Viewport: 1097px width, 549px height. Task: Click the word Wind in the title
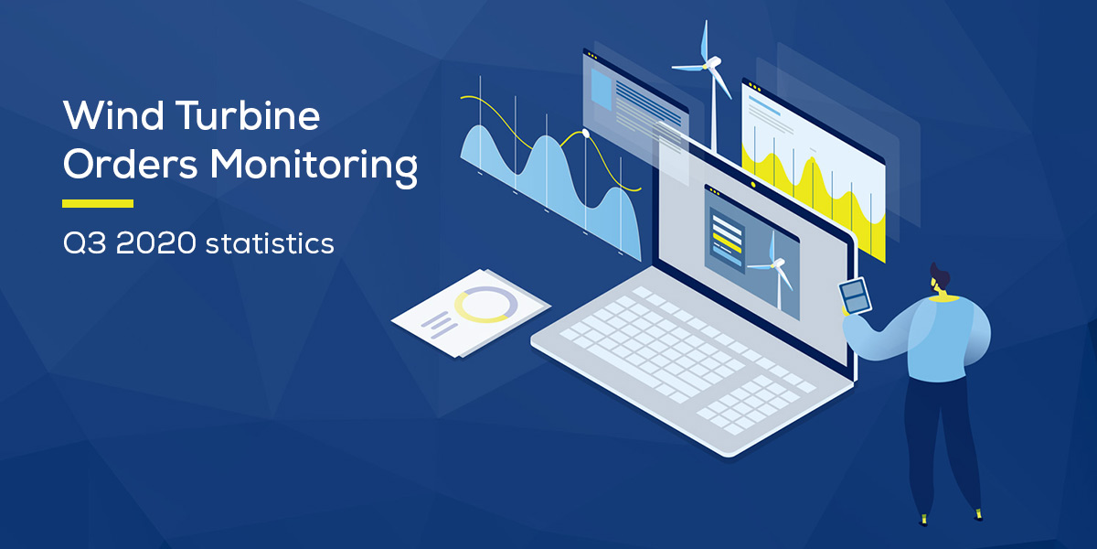113,115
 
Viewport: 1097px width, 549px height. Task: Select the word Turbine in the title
248,114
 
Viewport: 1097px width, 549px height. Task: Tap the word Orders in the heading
130,164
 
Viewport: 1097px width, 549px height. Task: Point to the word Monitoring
314,167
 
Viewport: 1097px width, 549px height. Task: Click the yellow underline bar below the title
98,203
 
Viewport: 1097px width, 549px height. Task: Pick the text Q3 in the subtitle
84,243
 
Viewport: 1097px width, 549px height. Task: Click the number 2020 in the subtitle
155,243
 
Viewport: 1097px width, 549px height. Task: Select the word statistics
270,243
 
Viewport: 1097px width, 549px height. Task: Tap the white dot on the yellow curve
585,133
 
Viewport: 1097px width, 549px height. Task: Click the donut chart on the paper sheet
485,305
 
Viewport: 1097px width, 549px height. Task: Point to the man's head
940,279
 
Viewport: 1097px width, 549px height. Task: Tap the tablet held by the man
855,296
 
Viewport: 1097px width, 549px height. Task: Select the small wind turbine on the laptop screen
773,269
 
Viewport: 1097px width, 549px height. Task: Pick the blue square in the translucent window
602,89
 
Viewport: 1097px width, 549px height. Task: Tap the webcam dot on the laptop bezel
753,184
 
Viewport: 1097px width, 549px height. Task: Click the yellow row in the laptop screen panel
727,242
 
